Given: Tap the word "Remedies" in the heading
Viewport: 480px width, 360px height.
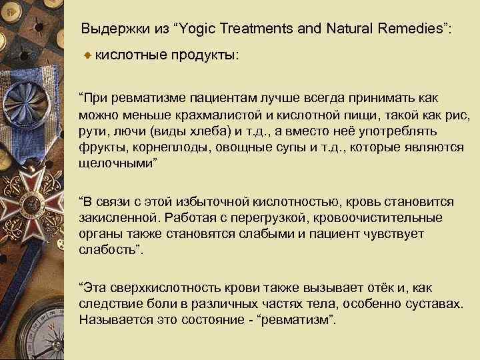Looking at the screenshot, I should [x=403, y=29].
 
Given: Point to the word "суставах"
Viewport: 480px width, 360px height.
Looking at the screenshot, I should [x=434, y=304].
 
